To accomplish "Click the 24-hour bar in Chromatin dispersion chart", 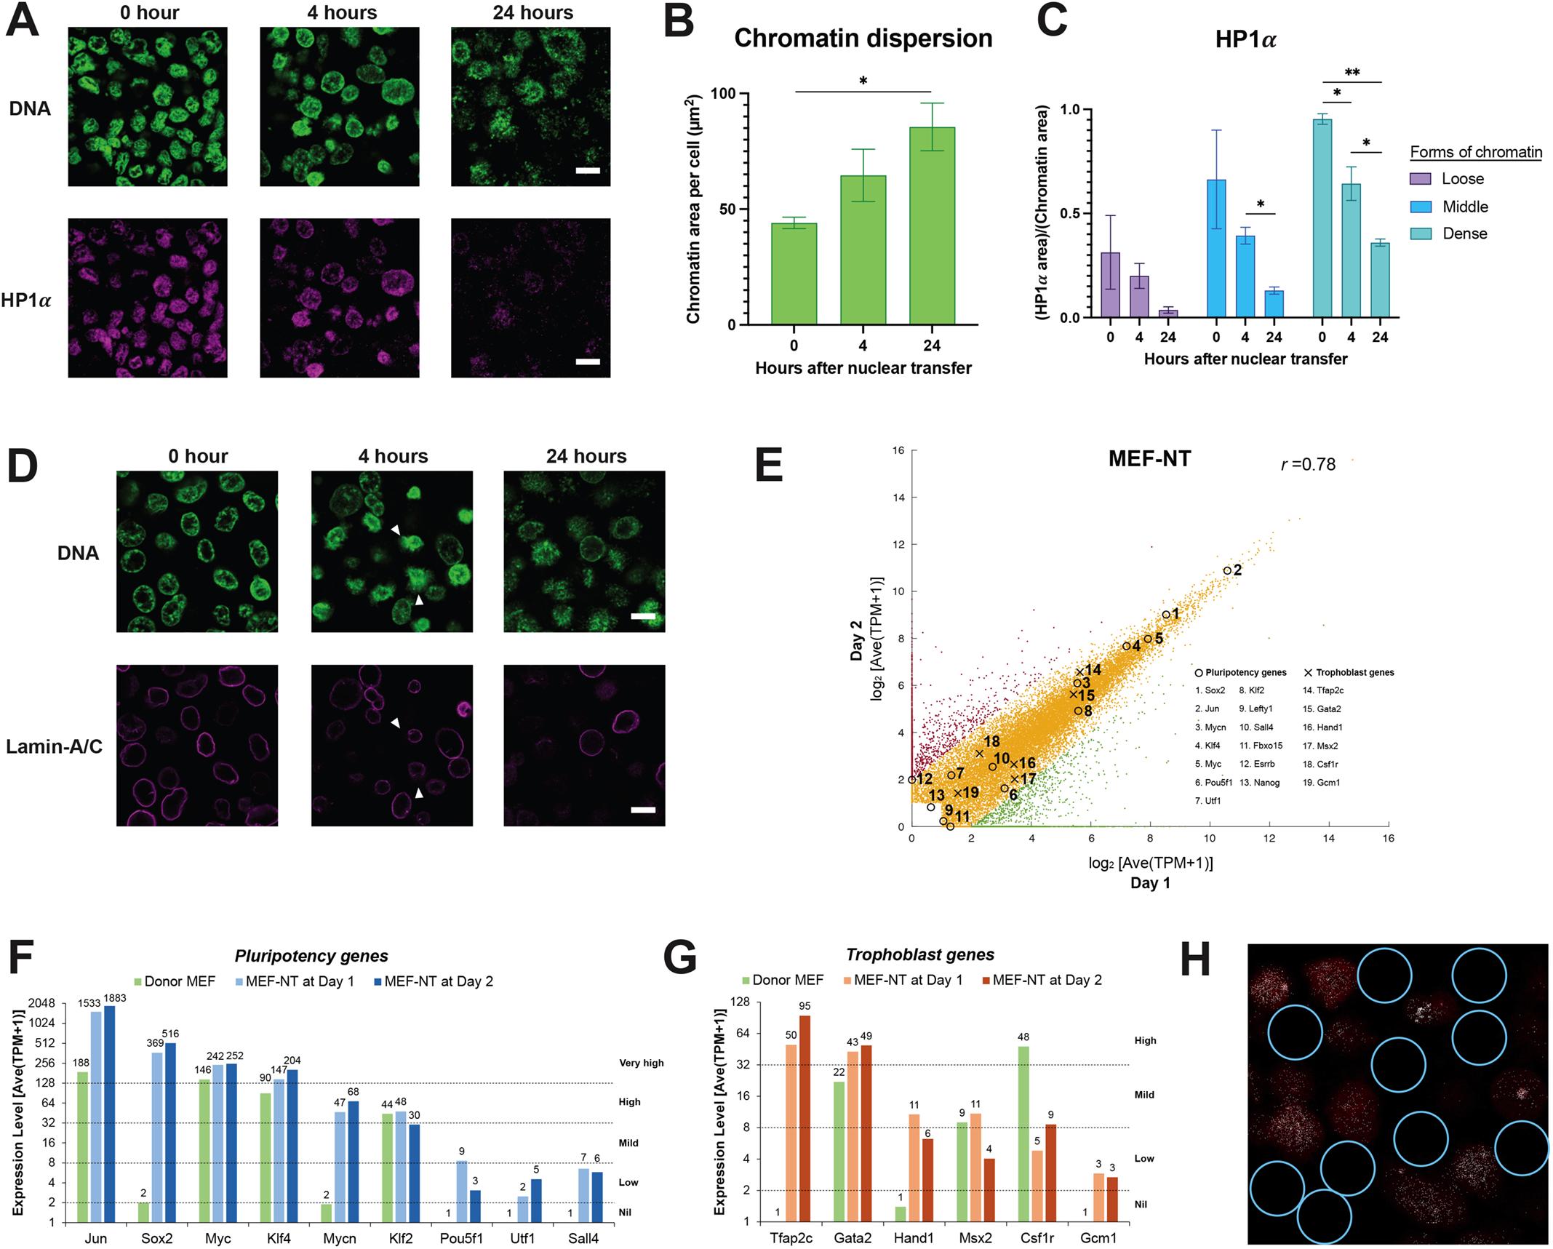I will [x=932, y=226].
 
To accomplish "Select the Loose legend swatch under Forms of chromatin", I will [x=1421, y=179].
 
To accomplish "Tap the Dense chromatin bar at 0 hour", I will [x=1322, y=218].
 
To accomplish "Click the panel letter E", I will [x=769, y=466].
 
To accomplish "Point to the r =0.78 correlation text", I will [x=1308, y=464].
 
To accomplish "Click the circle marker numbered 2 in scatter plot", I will [x=1227, y=571].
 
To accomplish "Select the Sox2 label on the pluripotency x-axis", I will [x=156, y=1239].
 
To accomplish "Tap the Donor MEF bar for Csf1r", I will [x=1023, y=1134].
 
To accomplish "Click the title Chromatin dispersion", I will [x=863, y=38].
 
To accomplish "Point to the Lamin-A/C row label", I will [x=54, y=746].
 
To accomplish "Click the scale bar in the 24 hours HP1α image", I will [x=588, y=362].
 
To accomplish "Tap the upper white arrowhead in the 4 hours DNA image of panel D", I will [x=395, y=531].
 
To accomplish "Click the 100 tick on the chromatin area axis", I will [x=722, y=94].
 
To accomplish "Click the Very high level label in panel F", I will [x=641, y=1063].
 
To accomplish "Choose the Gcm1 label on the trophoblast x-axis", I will [x=1098, y=1238].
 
